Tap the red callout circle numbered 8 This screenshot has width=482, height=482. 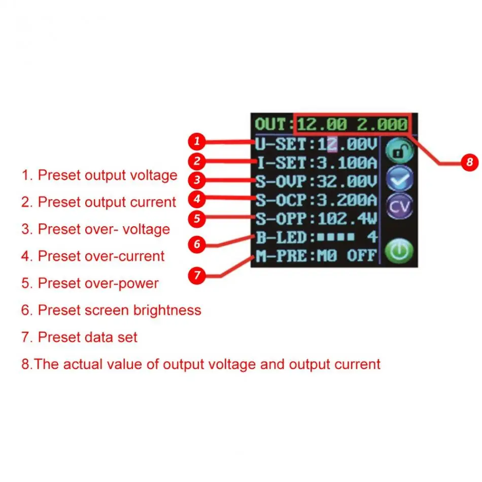[470, 162]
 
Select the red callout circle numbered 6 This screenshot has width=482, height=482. [198, 244]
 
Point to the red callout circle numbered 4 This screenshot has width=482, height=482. [198, 198]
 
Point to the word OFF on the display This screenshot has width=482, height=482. [362, 255]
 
